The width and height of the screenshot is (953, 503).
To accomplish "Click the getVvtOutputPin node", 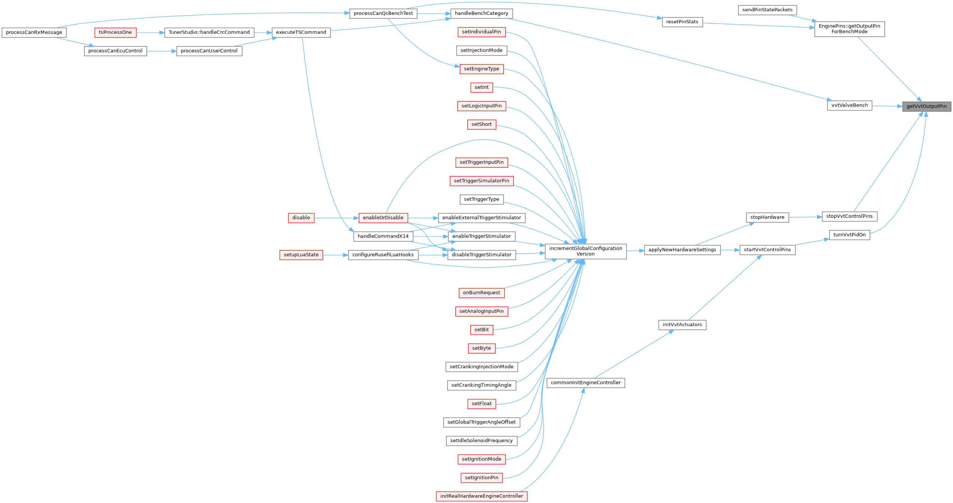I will point(926,106).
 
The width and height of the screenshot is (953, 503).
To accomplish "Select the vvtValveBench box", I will point(849,105).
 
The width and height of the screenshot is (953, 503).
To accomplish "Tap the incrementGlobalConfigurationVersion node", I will point(585,251).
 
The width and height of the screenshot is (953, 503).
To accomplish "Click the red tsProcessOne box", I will point(115,33).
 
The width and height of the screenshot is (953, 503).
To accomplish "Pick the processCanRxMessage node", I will point(34,33).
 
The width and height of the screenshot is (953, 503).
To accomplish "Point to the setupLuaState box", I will point(301,255).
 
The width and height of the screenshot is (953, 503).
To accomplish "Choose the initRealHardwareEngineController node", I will point(482,496).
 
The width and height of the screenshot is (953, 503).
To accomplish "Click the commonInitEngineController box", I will point(586,383).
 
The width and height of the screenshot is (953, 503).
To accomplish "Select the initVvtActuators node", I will point(682,325).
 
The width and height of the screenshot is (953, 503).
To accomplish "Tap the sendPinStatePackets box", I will point(767,10).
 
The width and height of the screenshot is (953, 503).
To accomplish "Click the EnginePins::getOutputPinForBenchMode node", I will point(849,29).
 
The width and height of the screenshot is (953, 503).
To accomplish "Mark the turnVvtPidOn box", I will point(849,235).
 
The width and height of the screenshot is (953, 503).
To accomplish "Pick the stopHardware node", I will point(767,217).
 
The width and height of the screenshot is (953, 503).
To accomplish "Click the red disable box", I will point(301,218).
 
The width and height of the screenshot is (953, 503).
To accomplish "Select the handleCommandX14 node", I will point(383,236).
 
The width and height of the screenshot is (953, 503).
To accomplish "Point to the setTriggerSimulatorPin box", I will point(482,181).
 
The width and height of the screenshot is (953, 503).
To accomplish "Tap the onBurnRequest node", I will point(482,293).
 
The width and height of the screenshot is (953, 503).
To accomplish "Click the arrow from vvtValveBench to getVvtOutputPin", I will point(887,106).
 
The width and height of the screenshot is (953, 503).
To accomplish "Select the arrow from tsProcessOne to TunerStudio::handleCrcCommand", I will point(151,33).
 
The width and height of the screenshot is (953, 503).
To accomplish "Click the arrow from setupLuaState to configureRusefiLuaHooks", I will point(336,255).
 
